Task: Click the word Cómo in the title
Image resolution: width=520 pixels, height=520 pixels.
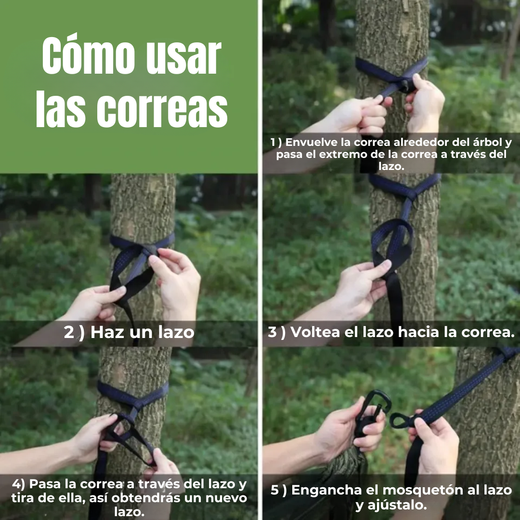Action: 88,55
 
